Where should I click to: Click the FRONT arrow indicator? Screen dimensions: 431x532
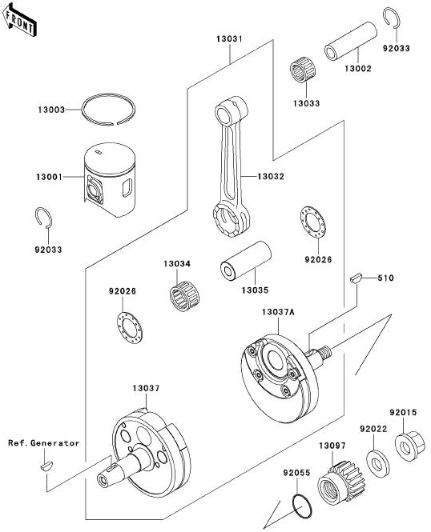pyautogui.click(x=18, y=20)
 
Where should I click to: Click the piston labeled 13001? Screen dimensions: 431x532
pyautogui.click(x=110, y=179)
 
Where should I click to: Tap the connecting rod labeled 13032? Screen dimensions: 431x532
pyautogui.click(x=232, y=166)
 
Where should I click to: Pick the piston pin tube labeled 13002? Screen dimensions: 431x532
pyautogui.click(x=351, y=41)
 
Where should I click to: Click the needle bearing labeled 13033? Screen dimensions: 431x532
pyautogui.click(x=303, y=70)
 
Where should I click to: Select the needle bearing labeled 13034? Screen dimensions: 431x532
pyautogui.click(x=184, y=296)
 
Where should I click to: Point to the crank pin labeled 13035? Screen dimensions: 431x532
pyautogui.click(x=246, y=261)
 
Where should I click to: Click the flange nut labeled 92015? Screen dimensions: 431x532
pyautogui.click(x=410, y=445)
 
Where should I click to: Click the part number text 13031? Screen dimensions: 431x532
pyautogui.click(x=230, y=39)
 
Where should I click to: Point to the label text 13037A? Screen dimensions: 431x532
pyautogui.click(x=278, y=312)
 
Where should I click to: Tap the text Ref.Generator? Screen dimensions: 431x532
pyautogui.click(x=44, y=443)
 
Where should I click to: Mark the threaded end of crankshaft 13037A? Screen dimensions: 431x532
pyautogui.click(x=325, y=350)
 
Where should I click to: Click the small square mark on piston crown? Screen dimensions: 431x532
pyautogui.click(x=99, y=152)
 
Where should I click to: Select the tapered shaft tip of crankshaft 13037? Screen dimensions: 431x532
pyautogui.click(x=104, y=478)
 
